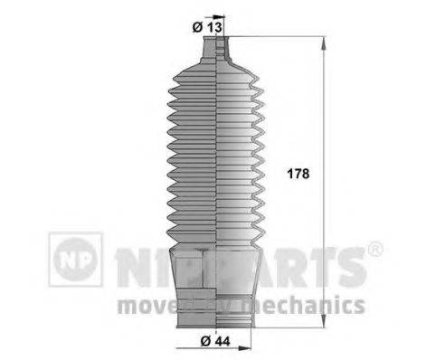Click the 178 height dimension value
(297, 175)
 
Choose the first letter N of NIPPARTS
(127, 265)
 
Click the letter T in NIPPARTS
(318, 265)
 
